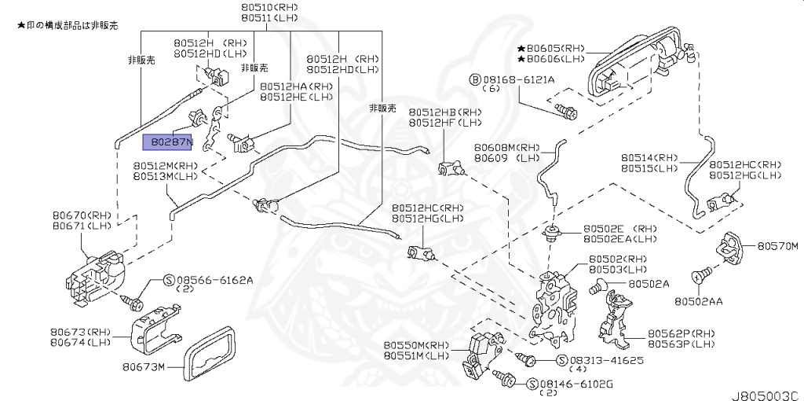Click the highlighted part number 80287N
click(166, 142)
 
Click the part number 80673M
click(148, 366)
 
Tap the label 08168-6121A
click(518, 79)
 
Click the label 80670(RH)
click(82, 215)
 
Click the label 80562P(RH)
click(681, 333)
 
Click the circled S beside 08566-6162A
click(167, 280)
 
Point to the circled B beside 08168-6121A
click(474, 79)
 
